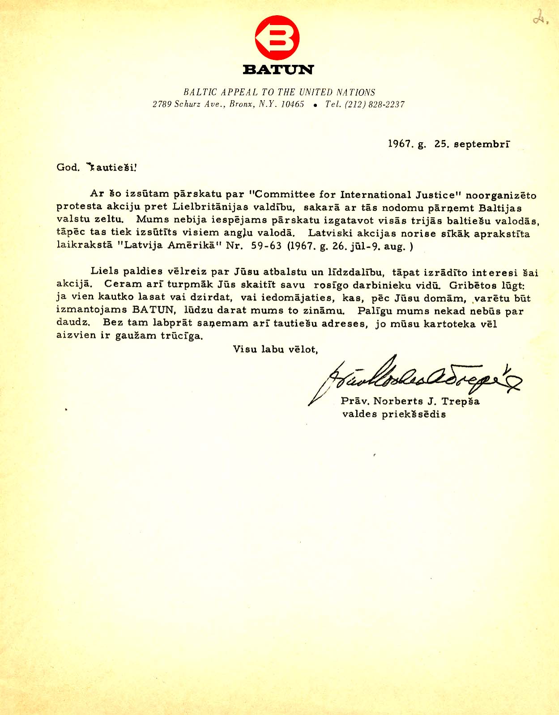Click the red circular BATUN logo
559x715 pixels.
pyautogui.click(x=277, y=38)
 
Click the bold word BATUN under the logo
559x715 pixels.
pyautogui.click(x=278, y=70)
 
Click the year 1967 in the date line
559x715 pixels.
pyautogui.click(x=399, y=144)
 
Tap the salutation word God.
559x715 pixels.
pyautogui.click(x=68, y=168)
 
